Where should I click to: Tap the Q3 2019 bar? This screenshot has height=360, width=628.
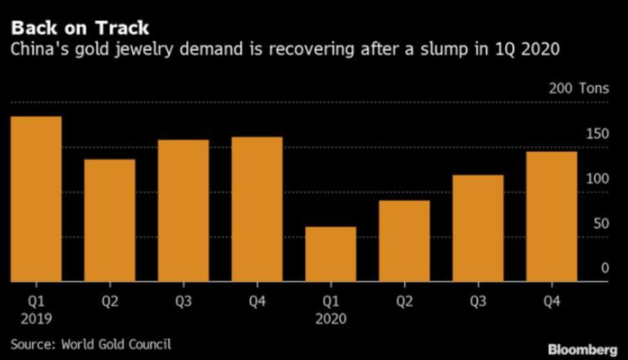click(184, 211)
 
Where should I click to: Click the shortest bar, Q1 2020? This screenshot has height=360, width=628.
click(330, 254)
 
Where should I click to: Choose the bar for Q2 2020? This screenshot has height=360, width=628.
click(404, 241)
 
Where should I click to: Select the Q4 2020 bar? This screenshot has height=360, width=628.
click(552, 216)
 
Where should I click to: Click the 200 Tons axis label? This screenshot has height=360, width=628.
click(578, 88)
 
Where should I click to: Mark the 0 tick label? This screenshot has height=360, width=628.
click(605, 268)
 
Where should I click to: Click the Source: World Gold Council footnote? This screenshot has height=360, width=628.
click(91, 343)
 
